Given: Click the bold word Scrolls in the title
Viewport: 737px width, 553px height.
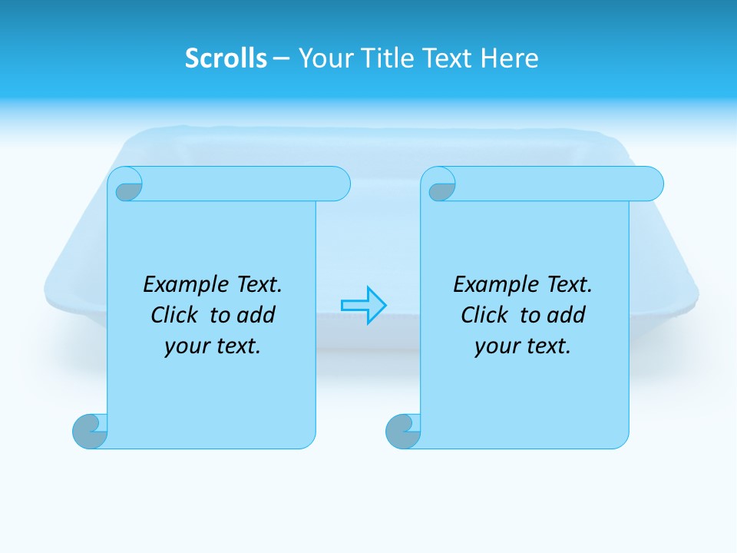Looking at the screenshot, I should pos(226,58).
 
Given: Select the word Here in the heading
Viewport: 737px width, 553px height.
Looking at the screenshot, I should pos(509,58).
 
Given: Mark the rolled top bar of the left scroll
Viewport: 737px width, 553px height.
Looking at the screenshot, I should pos(238,184).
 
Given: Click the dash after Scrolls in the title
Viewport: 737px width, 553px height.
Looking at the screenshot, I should pos(281,58).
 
